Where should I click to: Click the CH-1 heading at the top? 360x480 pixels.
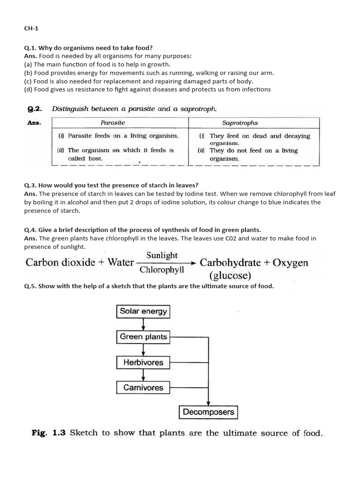[x=31, y=28]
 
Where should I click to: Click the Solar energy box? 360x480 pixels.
[x=143, y=311]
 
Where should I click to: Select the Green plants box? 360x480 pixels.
[x=143, y=337]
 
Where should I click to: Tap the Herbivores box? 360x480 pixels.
[x=143, y=362]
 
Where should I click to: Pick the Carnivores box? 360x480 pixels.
[x=143, y=388]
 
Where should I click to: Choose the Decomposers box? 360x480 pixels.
[x=209, y=412]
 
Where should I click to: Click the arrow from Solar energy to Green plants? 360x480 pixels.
[x=143, y=324]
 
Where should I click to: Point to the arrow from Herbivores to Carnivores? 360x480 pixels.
[x=143, y=375]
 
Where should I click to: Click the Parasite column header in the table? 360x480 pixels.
[x=113, y=123]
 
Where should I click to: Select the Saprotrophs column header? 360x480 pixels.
[x=240, y=123]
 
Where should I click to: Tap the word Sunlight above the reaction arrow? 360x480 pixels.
[x=162, y=255]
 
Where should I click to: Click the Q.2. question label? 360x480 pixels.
[x=35, y=109]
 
